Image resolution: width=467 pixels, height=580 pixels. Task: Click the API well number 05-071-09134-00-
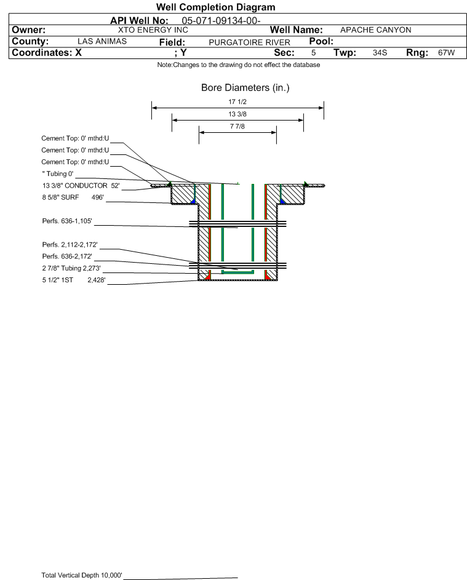(x=222, y=20)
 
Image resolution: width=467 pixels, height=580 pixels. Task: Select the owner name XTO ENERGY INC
(x=153, y=30)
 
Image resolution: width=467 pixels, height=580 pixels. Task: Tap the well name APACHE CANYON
(x=375, y=30)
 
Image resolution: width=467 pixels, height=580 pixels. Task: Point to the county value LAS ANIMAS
(x=102, y=41)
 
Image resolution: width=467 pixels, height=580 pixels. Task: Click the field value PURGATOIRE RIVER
(x=249, y=42)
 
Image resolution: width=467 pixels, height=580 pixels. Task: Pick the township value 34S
(x=380, y=53)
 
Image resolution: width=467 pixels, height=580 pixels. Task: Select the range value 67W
(x=446, y=53)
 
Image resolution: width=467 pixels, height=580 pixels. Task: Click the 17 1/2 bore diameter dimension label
(x=237, y=102)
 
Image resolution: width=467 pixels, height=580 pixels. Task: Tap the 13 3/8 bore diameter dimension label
(x=237, y=114)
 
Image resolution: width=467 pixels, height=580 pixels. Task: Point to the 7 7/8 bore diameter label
(x=237, y=127)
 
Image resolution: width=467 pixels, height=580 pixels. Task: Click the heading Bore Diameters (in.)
(x=245, y=88)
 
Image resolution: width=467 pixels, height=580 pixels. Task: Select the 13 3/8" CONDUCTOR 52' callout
(x=80, y=186)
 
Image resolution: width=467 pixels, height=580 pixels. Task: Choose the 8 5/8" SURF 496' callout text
(x=72, y=197)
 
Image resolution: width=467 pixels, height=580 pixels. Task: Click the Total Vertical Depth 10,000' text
(x=81, y=575)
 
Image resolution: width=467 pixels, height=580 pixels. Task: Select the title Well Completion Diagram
(x=215, y=7)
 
